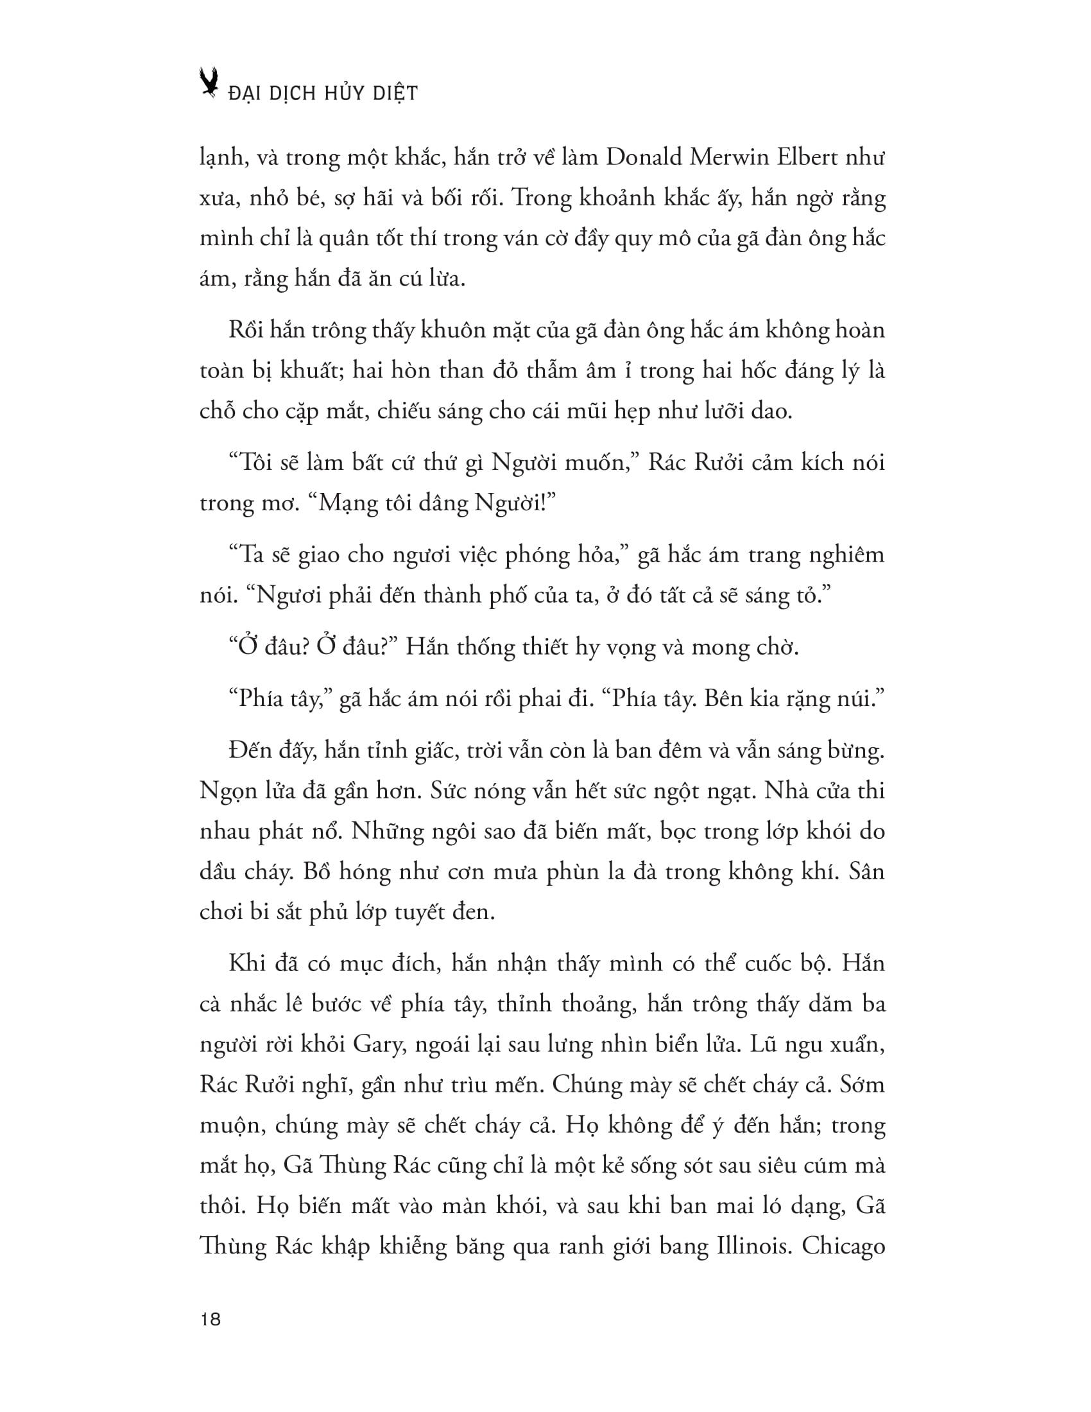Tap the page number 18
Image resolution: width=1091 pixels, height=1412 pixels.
tap(210, 1319)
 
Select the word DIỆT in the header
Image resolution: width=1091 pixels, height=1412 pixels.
tap(396, 93)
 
